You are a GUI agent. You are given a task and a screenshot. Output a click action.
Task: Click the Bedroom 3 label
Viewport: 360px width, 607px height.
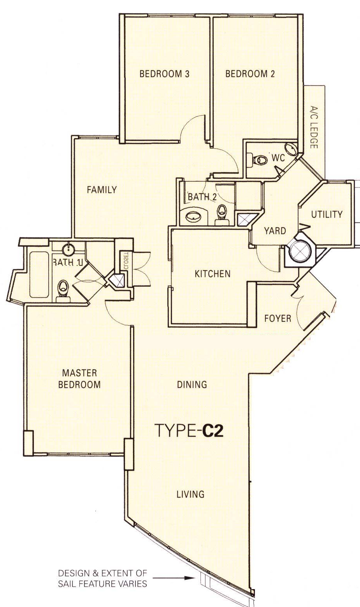coord(164,74)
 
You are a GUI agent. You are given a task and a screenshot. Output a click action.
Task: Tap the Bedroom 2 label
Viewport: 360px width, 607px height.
coord(250,74)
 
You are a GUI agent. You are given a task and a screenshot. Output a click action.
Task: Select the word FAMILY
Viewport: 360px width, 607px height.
coord(102,190)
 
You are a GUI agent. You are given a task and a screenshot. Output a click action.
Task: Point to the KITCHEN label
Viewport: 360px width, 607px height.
coord(212,274)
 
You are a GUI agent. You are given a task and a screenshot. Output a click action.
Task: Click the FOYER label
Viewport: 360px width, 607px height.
coord(277,318)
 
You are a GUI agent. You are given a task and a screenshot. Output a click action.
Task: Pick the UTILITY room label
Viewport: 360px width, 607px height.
coord(327,215)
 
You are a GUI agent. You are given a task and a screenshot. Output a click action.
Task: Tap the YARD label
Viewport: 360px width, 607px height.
coord(275,231)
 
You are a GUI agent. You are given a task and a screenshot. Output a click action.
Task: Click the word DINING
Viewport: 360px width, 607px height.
coord(192,384)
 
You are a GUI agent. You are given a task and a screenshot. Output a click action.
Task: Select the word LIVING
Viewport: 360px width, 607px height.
coord(191,494)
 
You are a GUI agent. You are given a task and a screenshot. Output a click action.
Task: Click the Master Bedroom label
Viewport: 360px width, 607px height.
coord(79,379)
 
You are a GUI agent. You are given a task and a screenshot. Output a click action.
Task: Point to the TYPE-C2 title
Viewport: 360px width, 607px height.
coord(189,431)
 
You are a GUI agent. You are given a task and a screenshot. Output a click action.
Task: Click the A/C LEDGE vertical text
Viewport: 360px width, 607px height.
coord(314,127)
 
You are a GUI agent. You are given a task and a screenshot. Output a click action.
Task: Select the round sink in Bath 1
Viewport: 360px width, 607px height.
coord(68,248)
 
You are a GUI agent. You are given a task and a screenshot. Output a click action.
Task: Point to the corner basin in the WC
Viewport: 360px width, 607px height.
coord(291,149)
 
